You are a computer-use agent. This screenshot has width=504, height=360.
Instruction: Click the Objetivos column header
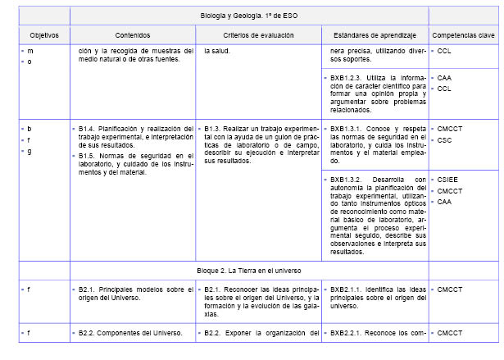point(38,35)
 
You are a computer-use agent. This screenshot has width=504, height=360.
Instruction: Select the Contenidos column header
point(133,35)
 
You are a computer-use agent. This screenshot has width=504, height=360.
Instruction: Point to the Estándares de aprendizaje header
point(375,35)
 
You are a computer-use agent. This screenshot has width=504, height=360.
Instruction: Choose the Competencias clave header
point(462,35)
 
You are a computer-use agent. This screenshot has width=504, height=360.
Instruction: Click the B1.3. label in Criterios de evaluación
point(213,128)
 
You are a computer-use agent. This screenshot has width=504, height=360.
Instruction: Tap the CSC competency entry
point(445,139)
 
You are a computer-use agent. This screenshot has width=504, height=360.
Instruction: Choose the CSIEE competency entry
point(448,179)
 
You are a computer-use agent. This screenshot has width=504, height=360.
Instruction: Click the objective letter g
point(30,152)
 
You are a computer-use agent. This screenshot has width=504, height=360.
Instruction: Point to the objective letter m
point(30,51)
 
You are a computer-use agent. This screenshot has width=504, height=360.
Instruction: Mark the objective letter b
point(30,129)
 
